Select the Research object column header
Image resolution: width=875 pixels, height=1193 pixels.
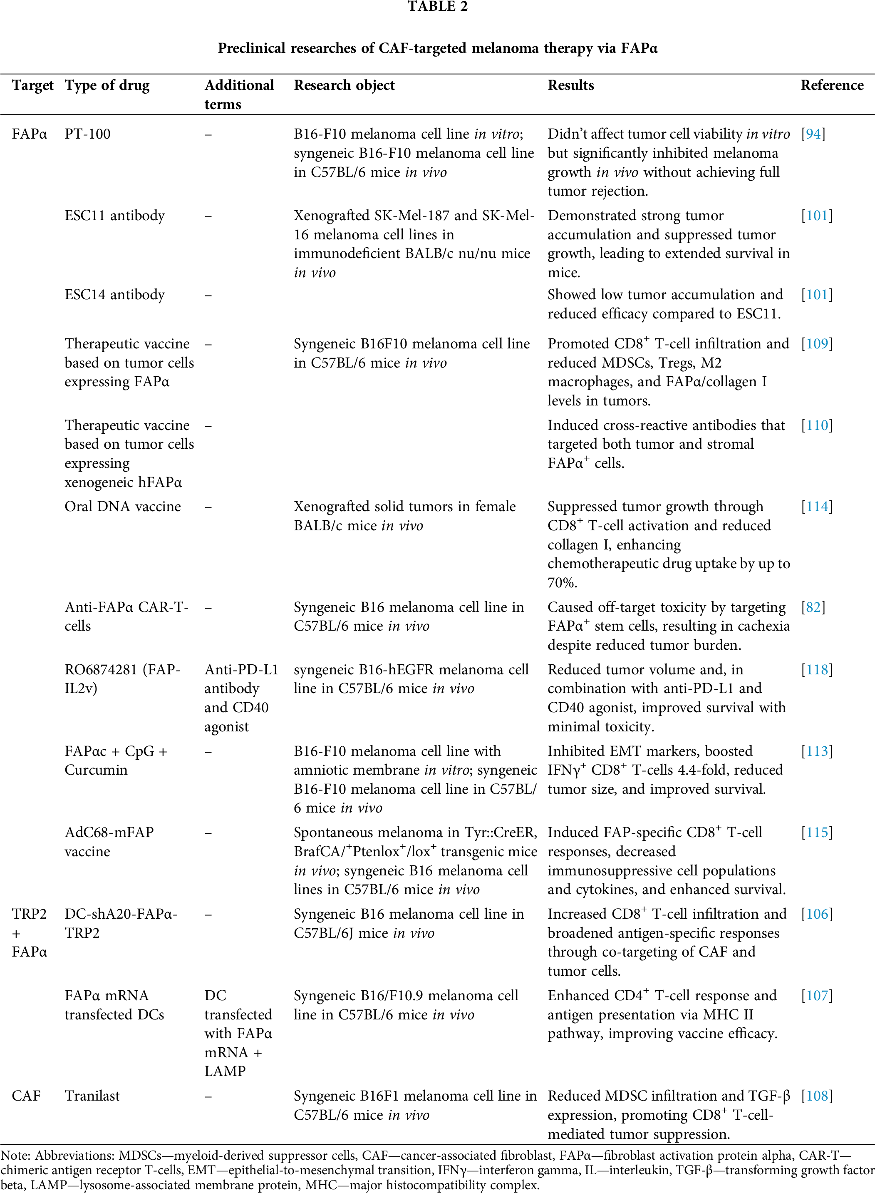pos(344,85)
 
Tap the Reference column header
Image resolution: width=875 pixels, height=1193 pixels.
pos(832,85)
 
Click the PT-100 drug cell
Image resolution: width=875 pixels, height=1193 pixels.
pos(87,134)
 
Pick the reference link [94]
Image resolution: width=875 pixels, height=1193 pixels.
pos(813,134)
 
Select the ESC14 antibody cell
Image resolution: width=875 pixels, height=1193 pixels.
pos(114,295)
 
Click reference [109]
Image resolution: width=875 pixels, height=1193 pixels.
pos(816,344)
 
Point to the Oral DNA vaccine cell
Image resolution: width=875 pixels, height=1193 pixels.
pos(122,507)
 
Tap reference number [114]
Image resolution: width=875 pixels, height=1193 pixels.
pos(816,507)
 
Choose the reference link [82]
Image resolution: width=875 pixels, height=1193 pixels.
pos(813,607)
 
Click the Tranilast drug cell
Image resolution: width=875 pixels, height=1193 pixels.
pos(92,1096)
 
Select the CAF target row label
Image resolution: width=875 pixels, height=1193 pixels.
pos(26,1096)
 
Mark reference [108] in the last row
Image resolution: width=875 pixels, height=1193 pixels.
pos(816,1096)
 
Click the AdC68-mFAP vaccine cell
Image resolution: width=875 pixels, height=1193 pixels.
pos(109,842)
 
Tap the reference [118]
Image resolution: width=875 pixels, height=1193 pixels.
pos(816,670)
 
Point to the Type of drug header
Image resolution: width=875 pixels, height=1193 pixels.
pos(107,85)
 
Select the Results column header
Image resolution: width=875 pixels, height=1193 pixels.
pos(570,85)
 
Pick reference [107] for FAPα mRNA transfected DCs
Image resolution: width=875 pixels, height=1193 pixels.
pos(816,995)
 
